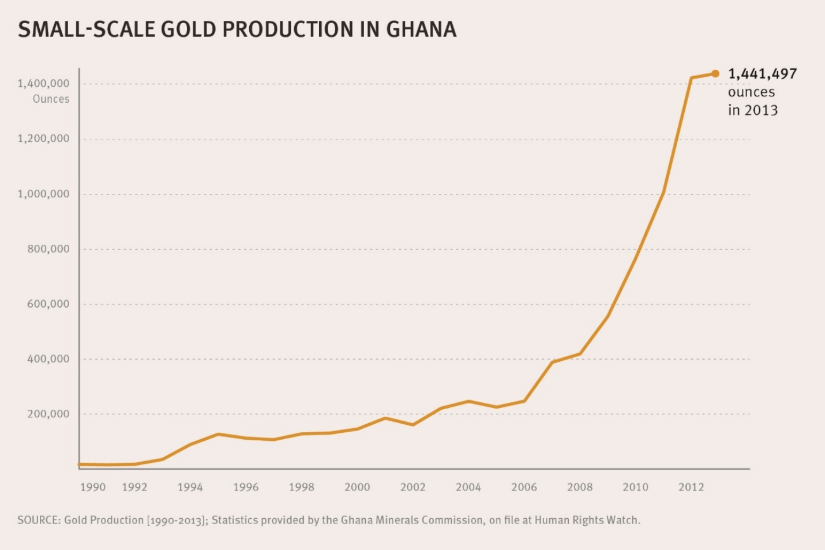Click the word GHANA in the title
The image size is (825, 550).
point(421,29)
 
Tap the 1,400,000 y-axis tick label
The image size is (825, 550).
point(43,84)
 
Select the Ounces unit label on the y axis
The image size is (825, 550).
point(51,99)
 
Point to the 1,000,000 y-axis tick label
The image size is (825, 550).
point(43,194)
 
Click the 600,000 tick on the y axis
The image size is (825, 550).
point(48,304)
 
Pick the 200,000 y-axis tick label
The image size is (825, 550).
point(48,414)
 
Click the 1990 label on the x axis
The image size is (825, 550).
point(92,487)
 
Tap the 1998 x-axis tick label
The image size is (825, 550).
point(301,487)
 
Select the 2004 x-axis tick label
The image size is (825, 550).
point(468,487)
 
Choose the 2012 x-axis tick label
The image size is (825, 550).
point(691,487)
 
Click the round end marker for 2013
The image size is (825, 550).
point(715,73)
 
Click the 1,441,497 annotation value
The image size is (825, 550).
point(762,74)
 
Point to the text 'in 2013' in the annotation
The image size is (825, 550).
point(752,110)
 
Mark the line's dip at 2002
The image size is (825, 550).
point(412,425)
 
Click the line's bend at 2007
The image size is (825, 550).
point(552,362)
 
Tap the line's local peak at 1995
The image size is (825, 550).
point(218,434)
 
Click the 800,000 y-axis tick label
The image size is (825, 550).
point(48,249)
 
